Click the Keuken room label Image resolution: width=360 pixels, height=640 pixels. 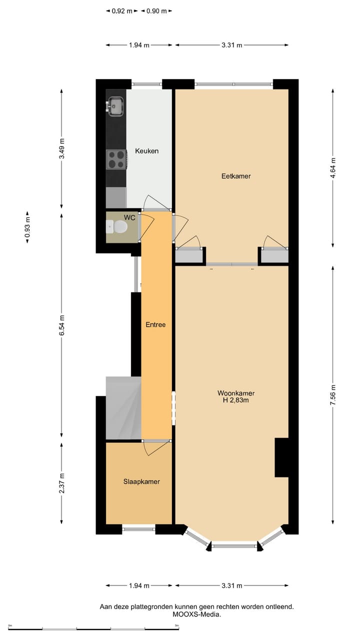[x=146, y=150]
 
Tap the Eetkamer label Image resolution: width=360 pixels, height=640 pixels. [x=236, y=176]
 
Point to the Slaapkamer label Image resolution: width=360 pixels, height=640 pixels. [x=141, y=481]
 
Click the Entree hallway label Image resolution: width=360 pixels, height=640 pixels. [x=155, y=324]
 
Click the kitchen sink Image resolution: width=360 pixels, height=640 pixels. [x=115, y=105]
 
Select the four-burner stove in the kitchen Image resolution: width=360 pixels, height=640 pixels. [x=116, y=160]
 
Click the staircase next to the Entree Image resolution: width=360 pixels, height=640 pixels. [x=123, y=407]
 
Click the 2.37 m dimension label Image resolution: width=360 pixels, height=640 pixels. [x=61, y=483]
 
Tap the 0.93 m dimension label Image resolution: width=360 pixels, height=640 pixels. [x=28, y=229]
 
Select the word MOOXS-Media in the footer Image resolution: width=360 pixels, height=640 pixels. [x=196, y=614]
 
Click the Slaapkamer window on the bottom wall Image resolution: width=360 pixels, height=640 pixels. [x=138, y=528]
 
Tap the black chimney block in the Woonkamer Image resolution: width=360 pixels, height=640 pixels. [x=281, y=457]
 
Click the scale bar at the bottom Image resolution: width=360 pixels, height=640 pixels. [x=93, y=627]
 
